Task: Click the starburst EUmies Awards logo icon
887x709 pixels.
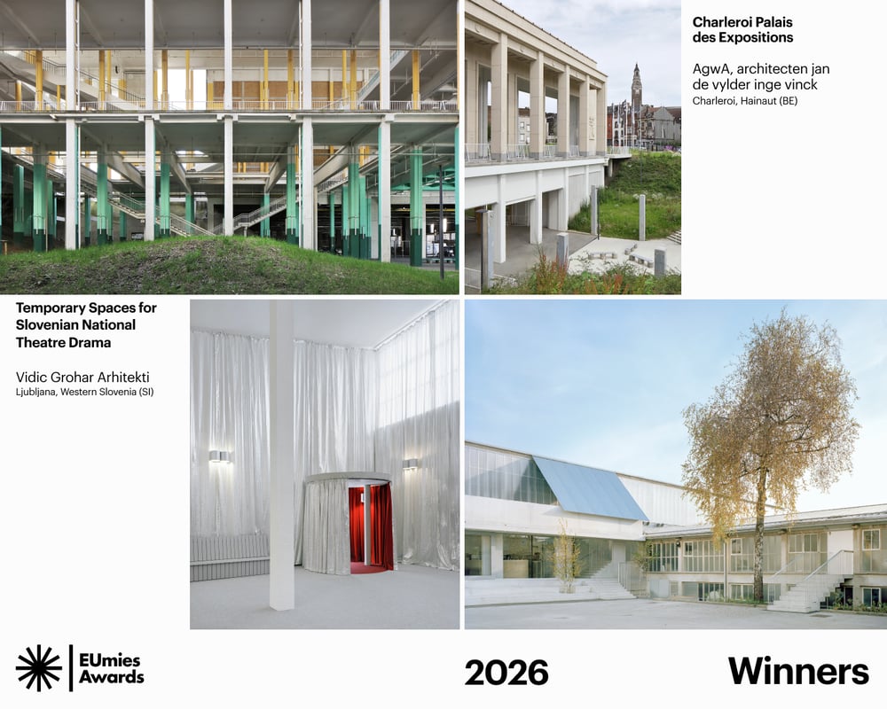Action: click(38, 667)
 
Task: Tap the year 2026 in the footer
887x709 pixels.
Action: click(506, 673)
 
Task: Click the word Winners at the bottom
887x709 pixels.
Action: click(798, 671)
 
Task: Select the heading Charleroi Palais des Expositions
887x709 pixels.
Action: click(742, 30)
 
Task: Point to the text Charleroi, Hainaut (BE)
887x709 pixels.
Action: click(745, 101)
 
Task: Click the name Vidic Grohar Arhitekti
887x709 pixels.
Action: click(82, 378)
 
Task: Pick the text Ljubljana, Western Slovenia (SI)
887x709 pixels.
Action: click(85, 392)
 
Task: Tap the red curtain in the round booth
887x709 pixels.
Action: click(371, 527)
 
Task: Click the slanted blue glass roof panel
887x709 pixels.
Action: click(590, 488)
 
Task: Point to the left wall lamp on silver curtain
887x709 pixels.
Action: click(219, 456)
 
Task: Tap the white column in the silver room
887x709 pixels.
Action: click(282, 456)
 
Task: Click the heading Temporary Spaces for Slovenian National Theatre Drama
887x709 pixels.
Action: click(86, 325)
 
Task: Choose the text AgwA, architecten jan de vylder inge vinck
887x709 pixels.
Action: click(761, 77)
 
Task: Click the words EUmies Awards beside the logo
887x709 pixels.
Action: click(111, 668)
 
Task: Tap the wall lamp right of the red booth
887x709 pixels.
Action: click(410, 464)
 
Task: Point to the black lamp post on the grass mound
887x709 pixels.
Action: click(441, 221)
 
